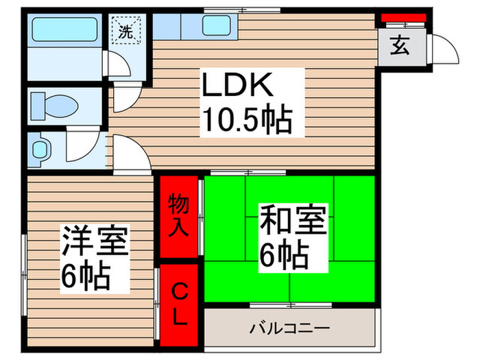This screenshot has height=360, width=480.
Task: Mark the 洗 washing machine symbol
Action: [126, 30]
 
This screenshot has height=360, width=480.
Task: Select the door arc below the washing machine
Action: [124, 97]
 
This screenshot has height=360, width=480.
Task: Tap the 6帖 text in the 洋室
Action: [86, 276]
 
